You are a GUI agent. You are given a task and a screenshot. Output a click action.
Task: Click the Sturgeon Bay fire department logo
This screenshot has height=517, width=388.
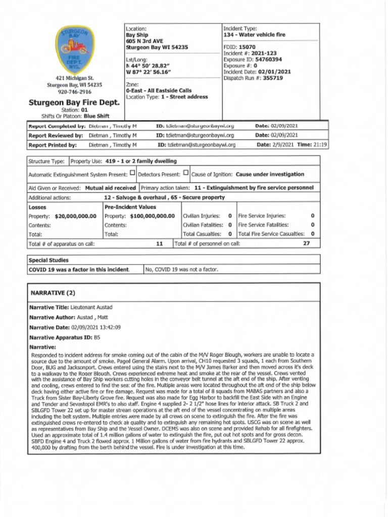pyautogui.click(x=75, y=49)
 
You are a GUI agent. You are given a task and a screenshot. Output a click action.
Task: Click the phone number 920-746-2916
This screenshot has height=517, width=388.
pyautogui.click(x=74, y=92)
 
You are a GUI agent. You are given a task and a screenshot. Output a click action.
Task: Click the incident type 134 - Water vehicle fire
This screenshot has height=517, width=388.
pyautogui.click(x=254, y=35)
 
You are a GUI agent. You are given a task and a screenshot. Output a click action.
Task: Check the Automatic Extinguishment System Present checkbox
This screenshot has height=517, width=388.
pyautogui.click(x=132, y=173)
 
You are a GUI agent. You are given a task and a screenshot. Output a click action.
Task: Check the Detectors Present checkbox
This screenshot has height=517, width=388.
pyautogui.click(x=186, y=173)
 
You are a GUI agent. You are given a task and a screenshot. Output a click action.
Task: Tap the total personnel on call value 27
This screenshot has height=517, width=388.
pyautogui.click(x=306, y=243)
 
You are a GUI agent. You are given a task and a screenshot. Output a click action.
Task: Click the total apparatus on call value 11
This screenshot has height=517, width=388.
pyautogui.click(x=159, y=243)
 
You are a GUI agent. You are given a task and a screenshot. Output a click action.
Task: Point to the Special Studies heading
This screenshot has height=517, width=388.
pyautogui.click(x=45, y=260)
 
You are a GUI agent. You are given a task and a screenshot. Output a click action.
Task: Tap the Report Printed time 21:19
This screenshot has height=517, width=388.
pyautogui.click(x=319, y=145)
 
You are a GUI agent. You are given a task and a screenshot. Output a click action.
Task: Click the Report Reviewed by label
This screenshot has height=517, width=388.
pyautogui.click(x=56, y=135)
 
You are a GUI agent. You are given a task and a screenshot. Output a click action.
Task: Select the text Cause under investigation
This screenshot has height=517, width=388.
pyautogui.click(x=270, y=174)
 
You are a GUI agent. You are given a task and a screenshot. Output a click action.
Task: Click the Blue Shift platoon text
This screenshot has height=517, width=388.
pyautogui.click(x=96, y=116)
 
